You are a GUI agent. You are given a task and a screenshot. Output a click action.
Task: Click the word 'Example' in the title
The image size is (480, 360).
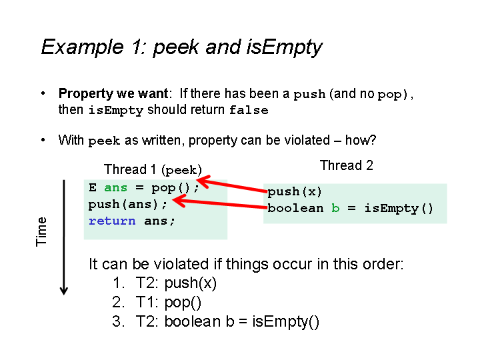pyautogui.click(x=82, y=47)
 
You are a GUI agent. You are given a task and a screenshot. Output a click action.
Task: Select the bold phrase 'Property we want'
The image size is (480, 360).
pyautogui.click(x=113, y=94)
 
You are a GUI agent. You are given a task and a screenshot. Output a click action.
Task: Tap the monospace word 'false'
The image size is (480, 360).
pyautogui.click(x=249, y=110)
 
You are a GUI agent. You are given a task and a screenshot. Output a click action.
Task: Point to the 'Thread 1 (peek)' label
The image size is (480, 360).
pyautogui.click(x=153, y=169)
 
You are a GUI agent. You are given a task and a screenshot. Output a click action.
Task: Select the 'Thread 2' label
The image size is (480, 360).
pyautogui.click(x=347, y=165)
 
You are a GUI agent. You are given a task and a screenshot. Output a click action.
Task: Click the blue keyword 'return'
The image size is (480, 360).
pyautogui.click(x=112, y=221)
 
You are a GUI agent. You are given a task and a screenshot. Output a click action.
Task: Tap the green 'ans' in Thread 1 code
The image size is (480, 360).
pyautogui.click(x=115, y=187)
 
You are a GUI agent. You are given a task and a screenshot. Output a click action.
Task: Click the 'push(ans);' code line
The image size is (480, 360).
pyautogui.click(x=128, y=204)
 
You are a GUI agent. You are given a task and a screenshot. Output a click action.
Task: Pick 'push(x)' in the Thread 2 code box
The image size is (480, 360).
pyautogui.click(x=295, y=191)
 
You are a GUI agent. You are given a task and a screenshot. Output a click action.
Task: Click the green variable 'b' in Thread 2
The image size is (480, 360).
pyautogui.click(x=335, y=208)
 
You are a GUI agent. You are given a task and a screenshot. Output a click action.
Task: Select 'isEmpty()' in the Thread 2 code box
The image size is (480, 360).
pyautogui.click(x=399, y=209)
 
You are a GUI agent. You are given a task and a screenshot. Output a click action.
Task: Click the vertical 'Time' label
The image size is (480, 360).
pyautogui.click(x=41, y=232)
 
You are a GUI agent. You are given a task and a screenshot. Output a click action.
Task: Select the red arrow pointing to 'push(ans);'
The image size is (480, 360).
pyautogui.click(x=219, y=203)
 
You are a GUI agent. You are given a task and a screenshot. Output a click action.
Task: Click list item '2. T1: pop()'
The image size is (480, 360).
pyautogui.click(x=157, y=303)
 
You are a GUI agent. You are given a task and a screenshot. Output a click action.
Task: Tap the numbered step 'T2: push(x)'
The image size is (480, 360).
pyautogui.click(x=176, y=283)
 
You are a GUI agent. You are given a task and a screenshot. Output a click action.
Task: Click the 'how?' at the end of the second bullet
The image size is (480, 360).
pyautogui.click(x=361, y=140)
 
